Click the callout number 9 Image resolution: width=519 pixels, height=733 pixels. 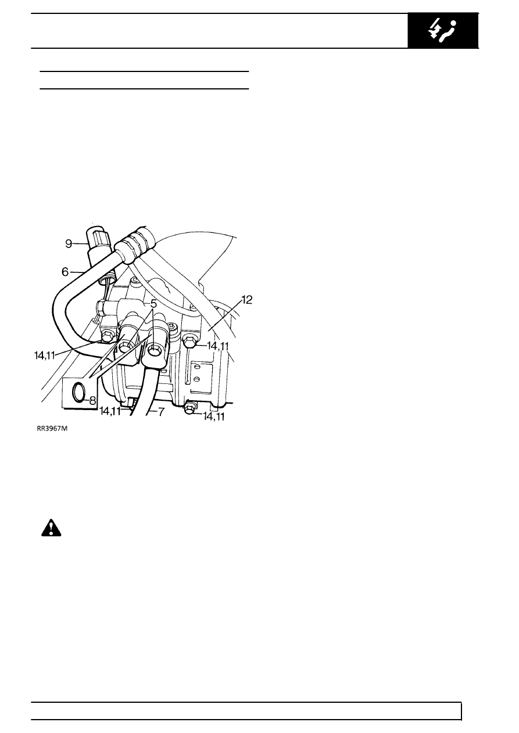click(69, 244)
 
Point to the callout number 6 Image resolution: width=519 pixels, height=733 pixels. click(65, 272)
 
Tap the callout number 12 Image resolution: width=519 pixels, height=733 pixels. click(247, 300)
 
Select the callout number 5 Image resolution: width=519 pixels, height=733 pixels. click(153, 304)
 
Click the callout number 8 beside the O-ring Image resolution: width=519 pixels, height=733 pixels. click(92, 400)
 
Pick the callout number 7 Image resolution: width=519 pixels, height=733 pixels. click(161, 412)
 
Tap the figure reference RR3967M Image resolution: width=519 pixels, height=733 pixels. click(52, 429)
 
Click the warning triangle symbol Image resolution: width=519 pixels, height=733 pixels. click(51, 527)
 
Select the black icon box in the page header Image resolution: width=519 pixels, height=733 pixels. click(443, 30)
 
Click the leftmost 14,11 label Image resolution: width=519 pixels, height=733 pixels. click(44, 355)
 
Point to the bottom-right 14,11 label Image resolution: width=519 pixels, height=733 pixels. click(213, 416)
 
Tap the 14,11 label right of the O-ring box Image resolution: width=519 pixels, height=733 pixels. click(110, 411)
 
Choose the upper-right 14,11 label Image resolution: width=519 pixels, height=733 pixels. click(218, 346)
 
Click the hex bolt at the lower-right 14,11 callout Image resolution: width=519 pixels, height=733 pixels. click(189, 408)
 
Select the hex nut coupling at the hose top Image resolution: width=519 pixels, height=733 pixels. click(136, 244)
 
